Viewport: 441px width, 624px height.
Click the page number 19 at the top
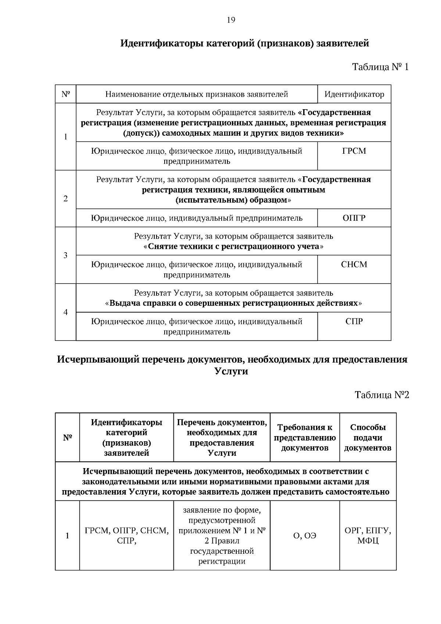pos(231,20)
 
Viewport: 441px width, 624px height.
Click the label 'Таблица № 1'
pos(380,67)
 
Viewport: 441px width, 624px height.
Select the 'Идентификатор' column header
pos(354,95)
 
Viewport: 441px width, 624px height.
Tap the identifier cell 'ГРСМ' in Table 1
pos(354,151)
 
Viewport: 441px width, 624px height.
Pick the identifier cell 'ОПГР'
pos(354,218)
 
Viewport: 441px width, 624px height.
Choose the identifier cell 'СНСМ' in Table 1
pos(354,265)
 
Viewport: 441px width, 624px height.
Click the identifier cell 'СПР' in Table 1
pos(354,321)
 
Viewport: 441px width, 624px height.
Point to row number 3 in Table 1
pos(65,255)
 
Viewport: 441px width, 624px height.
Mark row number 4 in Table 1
pos(65,312)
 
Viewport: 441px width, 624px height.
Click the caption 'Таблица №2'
pos(381,395)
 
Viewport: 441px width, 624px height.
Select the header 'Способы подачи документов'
pos(367,438)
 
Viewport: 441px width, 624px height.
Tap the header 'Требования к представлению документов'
pos(305,438)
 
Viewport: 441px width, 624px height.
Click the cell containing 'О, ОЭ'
pos(305,536)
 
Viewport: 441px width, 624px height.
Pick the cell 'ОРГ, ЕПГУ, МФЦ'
pos(367,536)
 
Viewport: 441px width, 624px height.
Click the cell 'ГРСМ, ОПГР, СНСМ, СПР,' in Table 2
pos(126,536)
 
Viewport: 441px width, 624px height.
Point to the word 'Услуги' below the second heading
pos(231,371)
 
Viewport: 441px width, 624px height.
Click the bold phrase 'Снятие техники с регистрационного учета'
pos(234,246)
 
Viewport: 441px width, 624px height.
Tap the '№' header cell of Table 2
pos(67,438)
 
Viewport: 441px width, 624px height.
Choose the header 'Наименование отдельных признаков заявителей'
pos(197,95)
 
